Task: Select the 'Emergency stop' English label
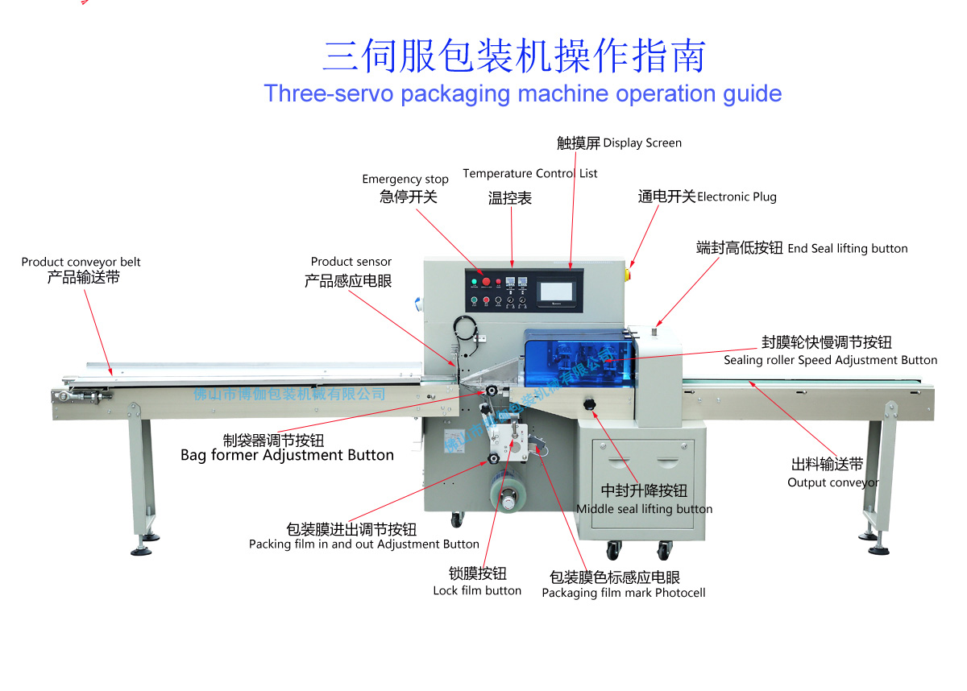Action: click(405, 180)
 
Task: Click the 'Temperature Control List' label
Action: click(530, 173)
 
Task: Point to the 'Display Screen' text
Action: click(642, 143)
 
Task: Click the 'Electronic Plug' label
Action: click(737, 197)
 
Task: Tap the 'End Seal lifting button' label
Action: click(848, 249)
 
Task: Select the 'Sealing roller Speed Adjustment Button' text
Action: click(830, 361)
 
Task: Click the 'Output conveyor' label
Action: click(832, 482)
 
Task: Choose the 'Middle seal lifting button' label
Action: click(644, 509)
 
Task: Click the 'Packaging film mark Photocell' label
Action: click(623, 594)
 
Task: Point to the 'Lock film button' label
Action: click(477, 591)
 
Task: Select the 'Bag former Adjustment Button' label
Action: click(287, 456)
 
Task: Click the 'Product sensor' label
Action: click(351, 262)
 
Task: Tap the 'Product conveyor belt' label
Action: click(81, 263)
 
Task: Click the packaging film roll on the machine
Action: click(508, 500)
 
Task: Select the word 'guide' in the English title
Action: click(749, 93)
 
